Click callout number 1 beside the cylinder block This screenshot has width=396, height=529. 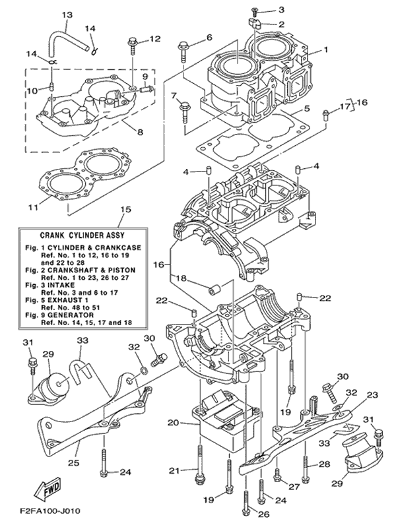pos(325,49)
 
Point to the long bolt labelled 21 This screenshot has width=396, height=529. pos(198,462)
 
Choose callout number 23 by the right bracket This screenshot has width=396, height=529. pos(372,394)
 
